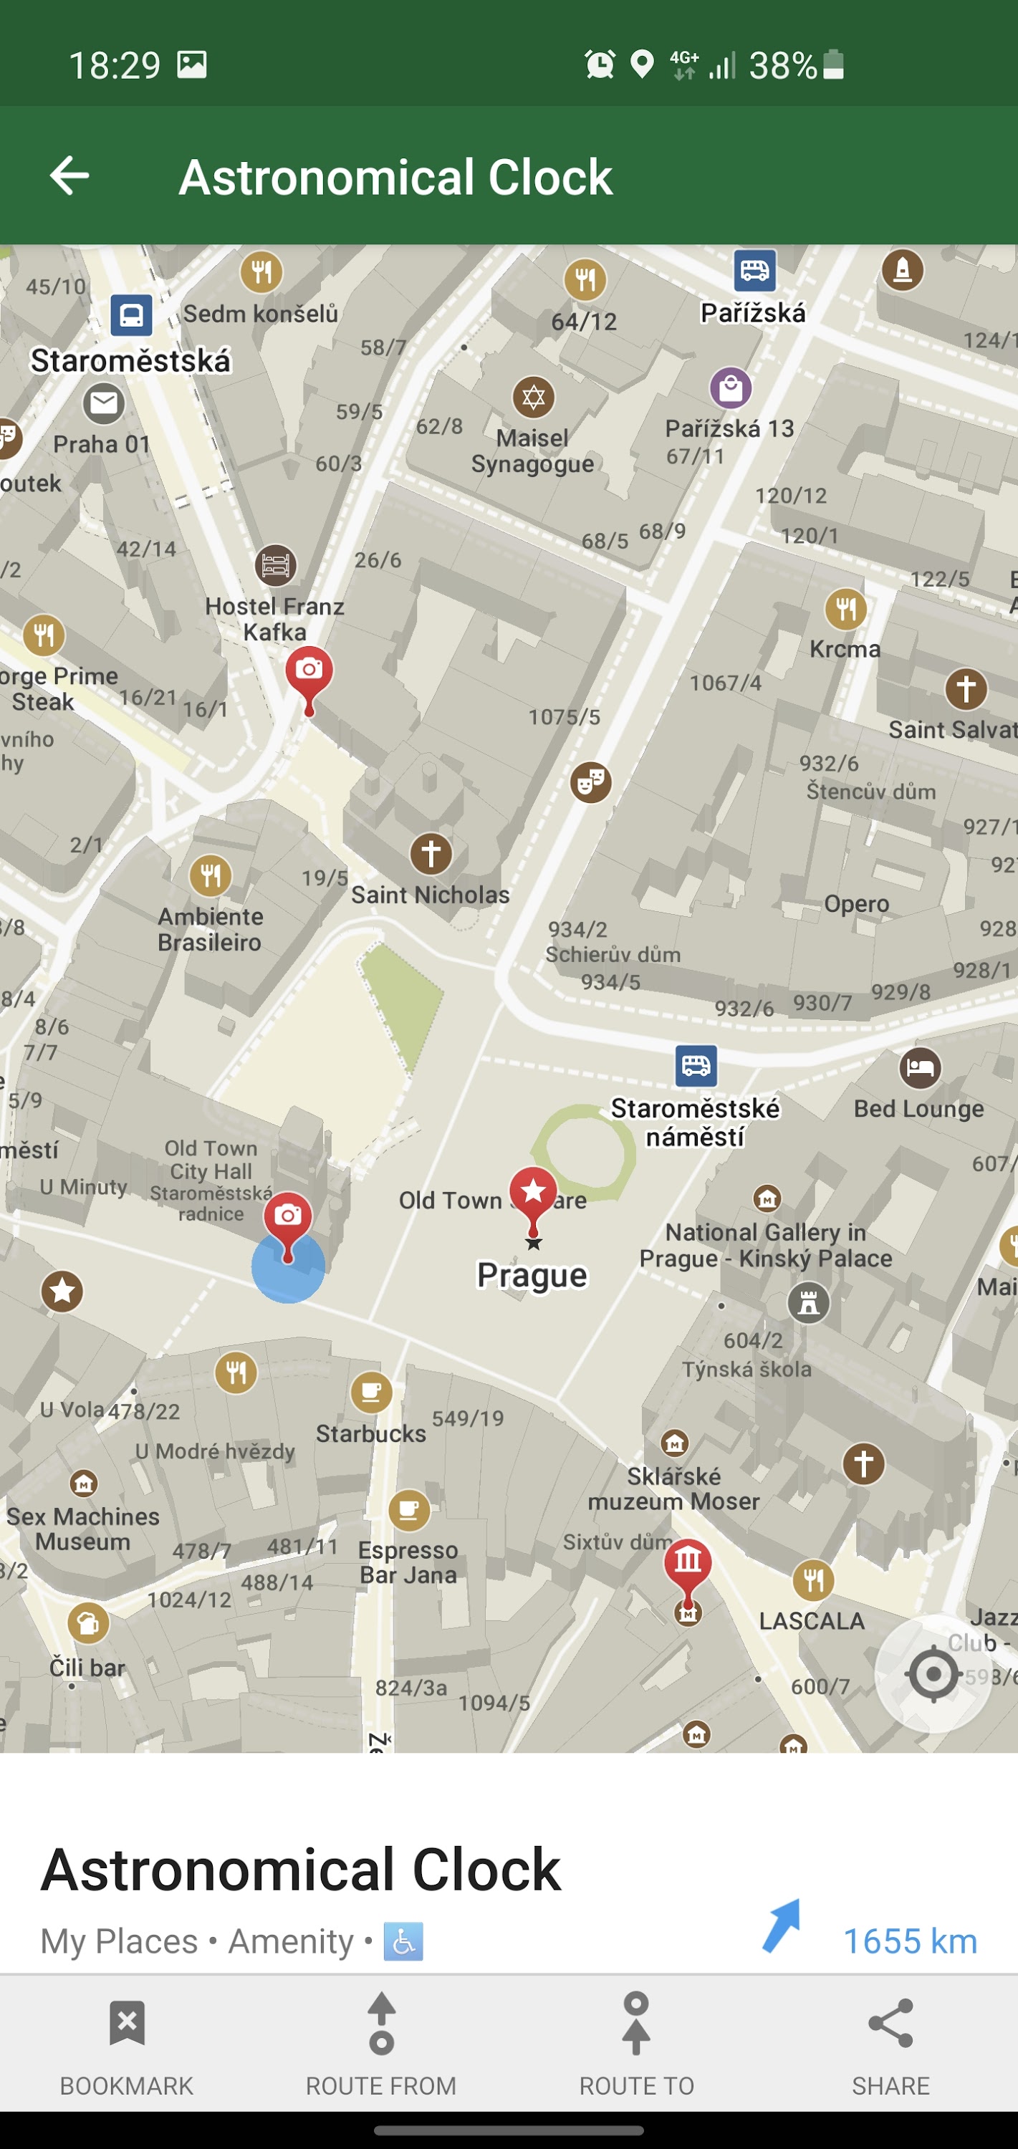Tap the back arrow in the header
(69, 176)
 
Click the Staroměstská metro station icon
(131, 316)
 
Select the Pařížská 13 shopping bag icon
(730, 389)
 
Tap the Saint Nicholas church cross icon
(431, 853)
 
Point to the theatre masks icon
(591, 782)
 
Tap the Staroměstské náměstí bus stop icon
(696, 1066)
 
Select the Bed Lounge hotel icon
(920, 1068)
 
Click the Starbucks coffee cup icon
(371, 1393)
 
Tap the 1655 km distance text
(910, 1941)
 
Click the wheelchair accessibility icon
(404, 1942)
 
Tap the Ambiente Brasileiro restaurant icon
(211, 875)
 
